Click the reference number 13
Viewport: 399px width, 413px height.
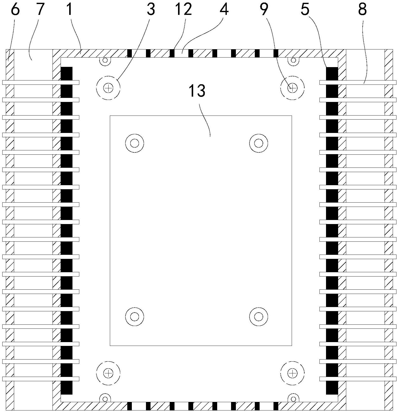point(197,91)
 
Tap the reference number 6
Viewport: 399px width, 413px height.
point(15,9)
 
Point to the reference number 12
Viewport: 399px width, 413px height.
point(184,9)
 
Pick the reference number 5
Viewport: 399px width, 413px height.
point(305,9)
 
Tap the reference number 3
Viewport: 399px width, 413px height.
point(151,9)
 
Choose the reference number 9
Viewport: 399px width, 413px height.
point(264,9)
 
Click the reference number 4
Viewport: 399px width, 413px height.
point(224,9)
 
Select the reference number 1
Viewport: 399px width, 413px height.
point(70,9)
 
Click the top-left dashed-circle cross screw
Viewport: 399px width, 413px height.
point(108,88)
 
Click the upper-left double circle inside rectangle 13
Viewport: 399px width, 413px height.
point(135,143)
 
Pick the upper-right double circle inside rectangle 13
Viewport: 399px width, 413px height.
point(259,143)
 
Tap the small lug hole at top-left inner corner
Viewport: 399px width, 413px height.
point(105,60)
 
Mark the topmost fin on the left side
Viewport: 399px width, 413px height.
point(41,82)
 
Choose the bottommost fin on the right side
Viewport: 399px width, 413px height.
point(358,379)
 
